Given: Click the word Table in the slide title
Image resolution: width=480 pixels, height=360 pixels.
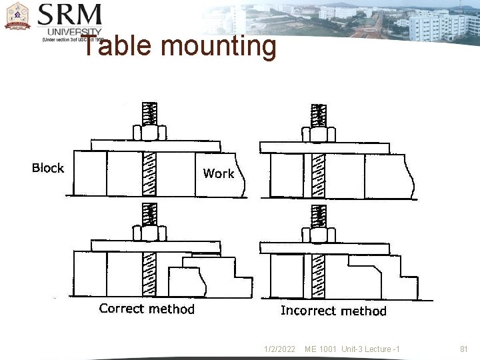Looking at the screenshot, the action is (117, 47).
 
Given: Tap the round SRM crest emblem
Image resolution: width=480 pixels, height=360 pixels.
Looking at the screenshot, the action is (17, 17).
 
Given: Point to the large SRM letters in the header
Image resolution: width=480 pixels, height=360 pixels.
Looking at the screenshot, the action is (71, 15).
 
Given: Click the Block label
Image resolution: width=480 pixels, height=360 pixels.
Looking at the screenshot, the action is (48, 168).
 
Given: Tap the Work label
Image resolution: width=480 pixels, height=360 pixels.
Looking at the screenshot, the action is (219, 173).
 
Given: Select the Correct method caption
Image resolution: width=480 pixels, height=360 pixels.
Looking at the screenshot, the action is (147, 309).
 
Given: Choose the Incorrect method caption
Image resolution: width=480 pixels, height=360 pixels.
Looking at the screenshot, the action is (333, 311).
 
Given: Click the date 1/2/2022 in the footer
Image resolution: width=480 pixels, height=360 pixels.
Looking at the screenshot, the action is (280, 349).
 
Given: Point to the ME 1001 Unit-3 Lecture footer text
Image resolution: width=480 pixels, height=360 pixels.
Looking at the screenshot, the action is (352, 349).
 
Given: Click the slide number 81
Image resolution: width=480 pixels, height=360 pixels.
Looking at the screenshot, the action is (465, 349).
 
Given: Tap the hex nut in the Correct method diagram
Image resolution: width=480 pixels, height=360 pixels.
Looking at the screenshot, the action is (149, 233).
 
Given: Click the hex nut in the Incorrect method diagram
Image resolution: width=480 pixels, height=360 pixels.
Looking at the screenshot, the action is (319, 235).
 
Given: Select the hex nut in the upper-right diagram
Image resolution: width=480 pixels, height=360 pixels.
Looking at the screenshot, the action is (319, 134).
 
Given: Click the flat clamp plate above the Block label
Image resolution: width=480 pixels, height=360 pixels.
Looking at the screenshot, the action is (156, 145).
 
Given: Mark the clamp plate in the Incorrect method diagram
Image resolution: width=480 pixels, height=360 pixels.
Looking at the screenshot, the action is (325, 248).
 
